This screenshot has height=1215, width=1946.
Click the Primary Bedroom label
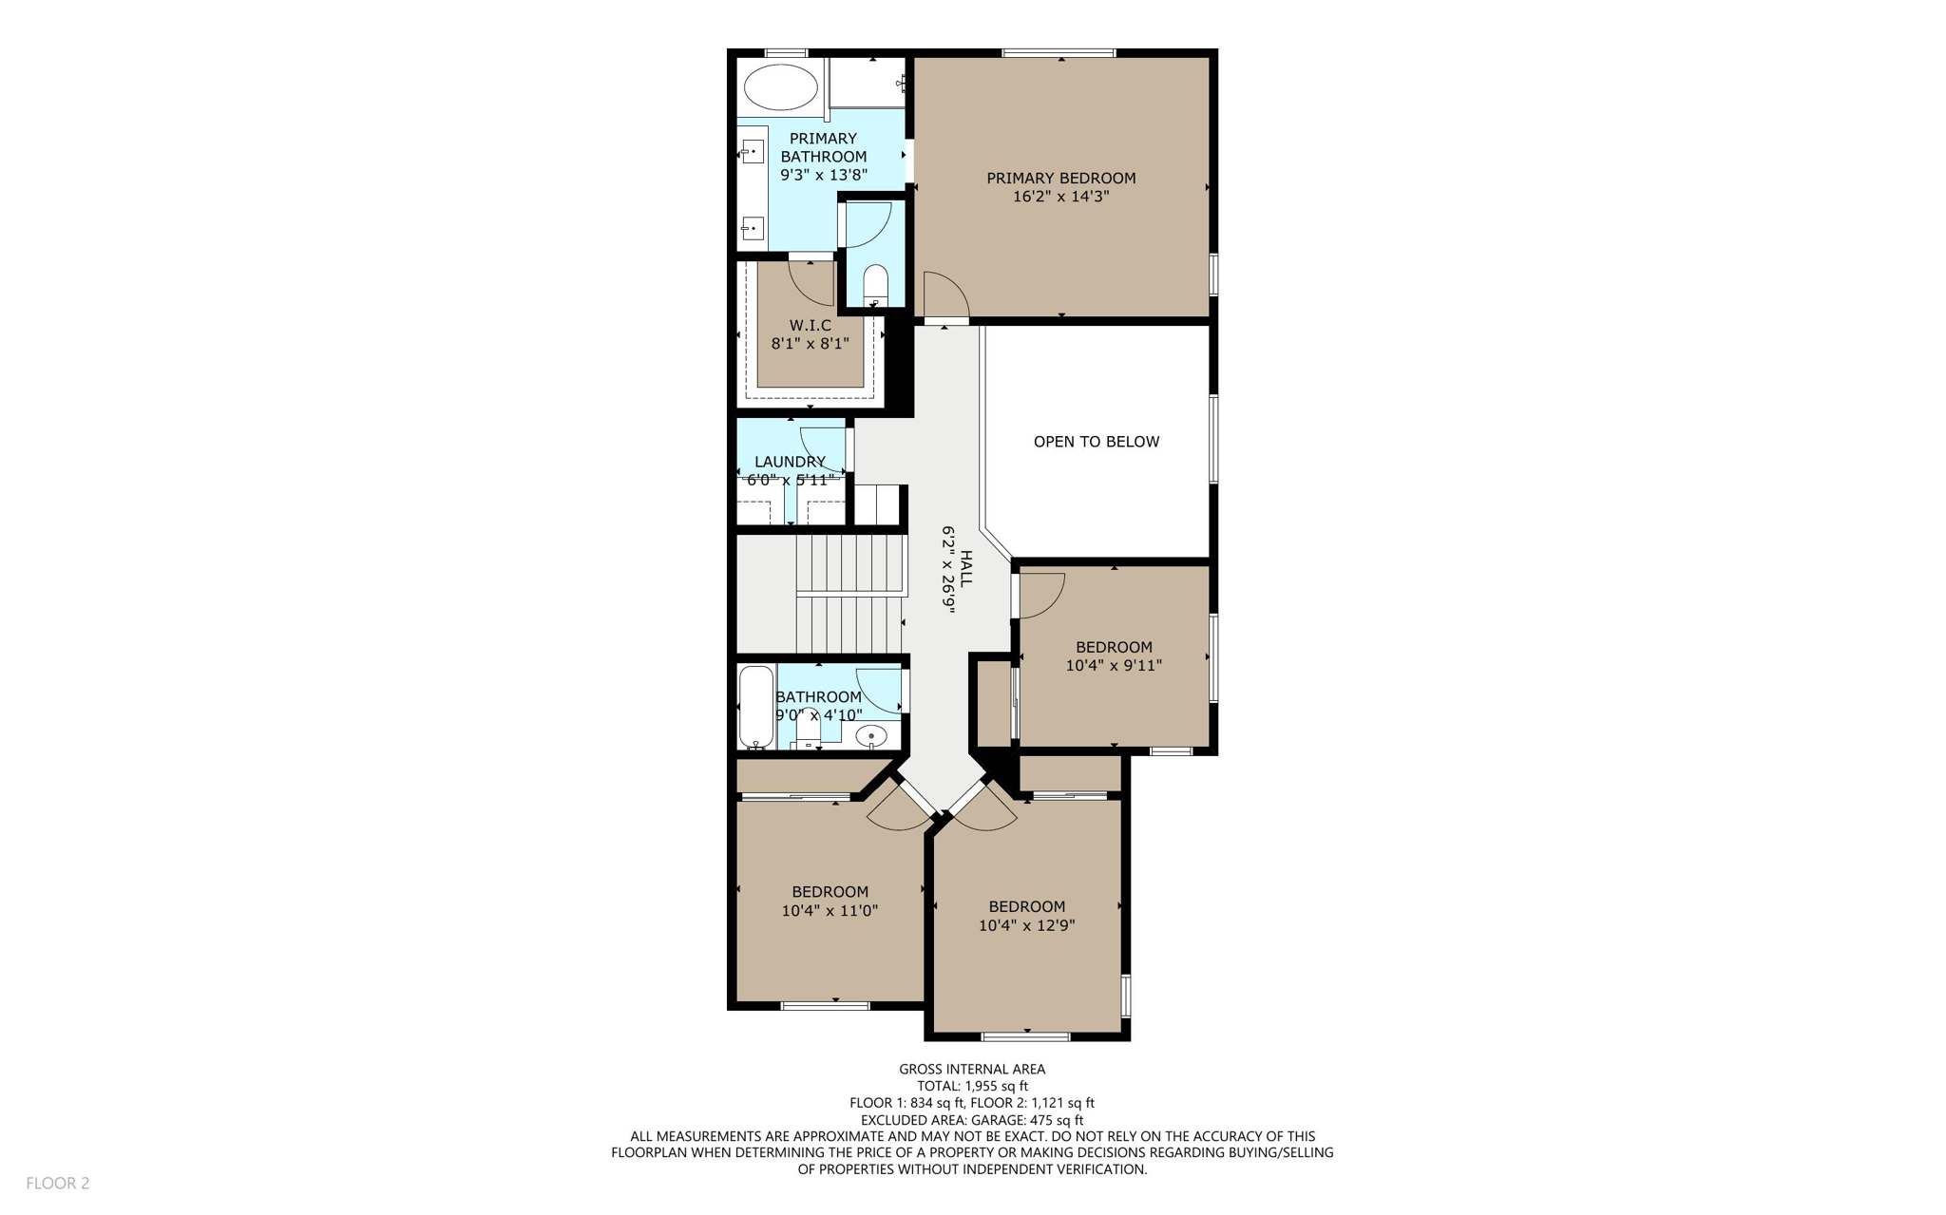point(1060,178)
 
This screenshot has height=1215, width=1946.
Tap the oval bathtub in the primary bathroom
point(780,87)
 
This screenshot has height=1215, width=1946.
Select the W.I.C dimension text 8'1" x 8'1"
point(810,344)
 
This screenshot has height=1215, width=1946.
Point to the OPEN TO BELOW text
point(1096,442)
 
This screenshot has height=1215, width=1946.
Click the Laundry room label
point(790,462)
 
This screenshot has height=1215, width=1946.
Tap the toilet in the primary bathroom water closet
point(875,284)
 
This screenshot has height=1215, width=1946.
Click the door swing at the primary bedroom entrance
point(944,294)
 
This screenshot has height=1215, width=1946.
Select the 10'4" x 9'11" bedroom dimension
point(1113,666)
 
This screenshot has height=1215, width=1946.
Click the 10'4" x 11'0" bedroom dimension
point(830,911)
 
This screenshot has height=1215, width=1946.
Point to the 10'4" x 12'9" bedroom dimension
point(1026,925)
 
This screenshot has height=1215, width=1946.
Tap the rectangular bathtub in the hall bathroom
point(756,707)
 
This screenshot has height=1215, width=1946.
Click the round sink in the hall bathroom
point(870,736)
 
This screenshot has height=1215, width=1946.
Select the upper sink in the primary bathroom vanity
point(753,152)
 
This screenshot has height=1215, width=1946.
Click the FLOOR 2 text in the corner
point(58,1183)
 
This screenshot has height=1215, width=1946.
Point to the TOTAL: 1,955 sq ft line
point(972,1086)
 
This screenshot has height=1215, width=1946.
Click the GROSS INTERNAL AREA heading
point(972,1069)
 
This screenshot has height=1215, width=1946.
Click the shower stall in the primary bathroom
point(867,84)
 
